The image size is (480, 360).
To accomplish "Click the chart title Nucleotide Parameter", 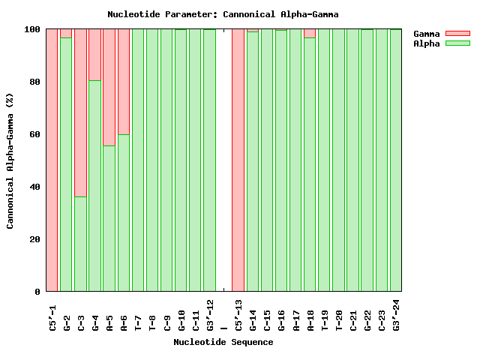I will point(223,14).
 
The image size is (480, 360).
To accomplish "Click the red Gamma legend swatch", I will point(457,34).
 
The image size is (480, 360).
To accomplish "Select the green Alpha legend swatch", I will point(457,43).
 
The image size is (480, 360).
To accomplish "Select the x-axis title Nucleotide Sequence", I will point(223,342).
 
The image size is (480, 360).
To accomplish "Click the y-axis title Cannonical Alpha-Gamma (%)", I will point(10,160).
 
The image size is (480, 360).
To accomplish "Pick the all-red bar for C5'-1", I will point(52,160).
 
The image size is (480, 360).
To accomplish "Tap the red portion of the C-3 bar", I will point(80,112).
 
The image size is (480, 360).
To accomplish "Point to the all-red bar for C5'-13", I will point(238,160).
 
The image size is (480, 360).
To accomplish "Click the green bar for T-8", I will point(152,160).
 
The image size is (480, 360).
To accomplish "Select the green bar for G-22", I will point(367,160).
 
